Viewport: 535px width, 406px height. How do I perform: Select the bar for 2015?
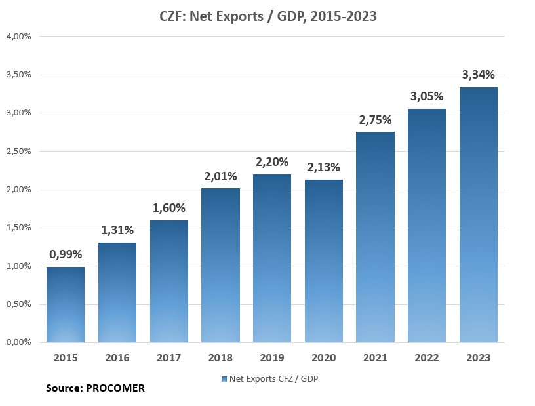[66, 304]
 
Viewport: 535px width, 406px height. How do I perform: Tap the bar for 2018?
[221, 265]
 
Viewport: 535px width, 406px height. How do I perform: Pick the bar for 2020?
[325, 261]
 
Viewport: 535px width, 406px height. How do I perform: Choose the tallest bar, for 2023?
[479, 215]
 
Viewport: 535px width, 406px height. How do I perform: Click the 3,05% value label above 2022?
[427, 96]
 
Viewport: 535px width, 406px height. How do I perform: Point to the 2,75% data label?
[375, 120]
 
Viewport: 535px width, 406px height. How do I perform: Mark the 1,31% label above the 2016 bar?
[117, 230]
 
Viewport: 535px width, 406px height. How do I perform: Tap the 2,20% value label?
[273, 162]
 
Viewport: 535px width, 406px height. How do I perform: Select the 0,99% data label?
[66, 254]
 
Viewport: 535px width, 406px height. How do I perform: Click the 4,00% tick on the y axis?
[19, 36]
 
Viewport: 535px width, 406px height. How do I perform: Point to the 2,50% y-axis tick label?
[19, 152]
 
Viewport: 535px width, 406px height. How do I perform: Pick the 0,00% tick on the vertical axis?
[19, 342]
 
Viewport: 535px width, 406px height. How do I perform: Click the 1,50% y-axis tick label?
[19, 228]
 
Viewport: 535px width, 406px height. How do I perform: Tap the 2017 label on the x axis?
[168, 358]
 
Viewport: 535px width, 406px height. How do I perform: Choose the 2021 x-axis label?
[375, 358]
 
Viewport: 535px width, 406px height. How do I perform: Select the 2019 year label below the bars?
[272, 358]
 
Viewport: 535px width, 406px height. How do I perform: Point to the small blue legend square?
[224, 378]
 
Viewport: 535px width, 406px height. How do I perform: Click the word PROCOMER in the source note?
[115, 388]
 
